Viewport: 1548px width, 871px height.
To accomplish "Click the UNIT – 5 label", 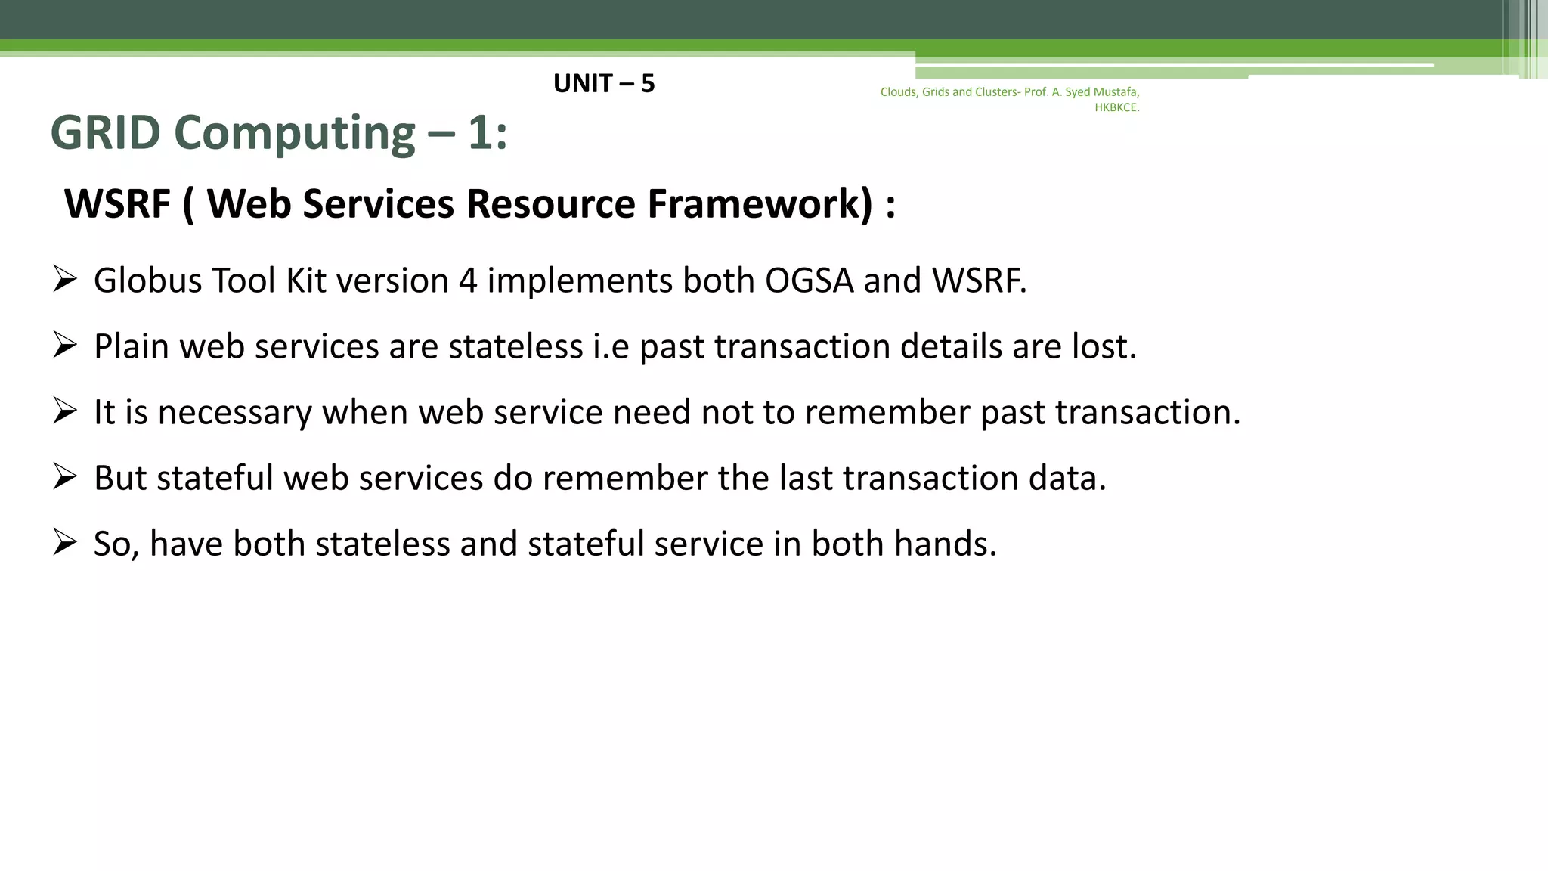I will click(603, 83).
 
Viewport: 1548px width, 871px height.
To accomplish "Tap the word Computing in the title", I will click(295, 133).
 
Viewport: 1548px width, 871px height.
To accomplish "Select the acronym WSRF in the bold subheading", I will click(117, 204).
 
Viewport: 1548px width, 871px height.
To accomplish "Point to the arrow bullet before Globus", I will click(65, 280).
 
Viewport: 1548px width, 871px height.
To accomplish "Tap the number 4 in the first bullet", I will click(468, 281).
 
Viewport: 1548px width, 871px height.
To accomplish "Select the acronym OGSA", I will click(809, 281).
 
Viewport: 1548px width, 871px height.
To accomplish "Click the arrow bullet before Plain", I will click(65, 346).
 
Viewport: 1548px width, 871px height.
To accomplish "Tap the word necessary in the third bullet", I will click(235, 413).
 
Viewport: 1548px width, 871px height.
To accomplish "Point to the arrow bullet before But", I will click(65, 477).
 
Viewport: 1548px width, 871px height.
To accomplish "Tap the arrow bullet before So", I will click(65, 543).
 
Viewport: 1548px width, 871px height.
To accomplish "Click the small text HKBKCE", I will click(1116, 107).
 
